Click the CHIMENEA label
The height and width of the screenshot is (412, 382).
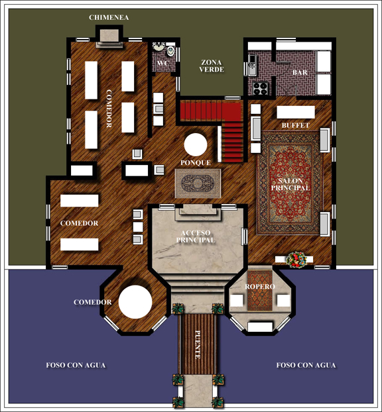tap(109, 18)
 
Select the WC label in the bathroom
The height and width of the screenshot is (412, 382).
tap(162, 64)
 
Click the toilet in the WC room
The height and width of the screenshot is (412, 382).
tap(170, 51)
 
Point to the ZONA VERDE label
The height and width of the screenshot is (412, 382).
tap(212, 66)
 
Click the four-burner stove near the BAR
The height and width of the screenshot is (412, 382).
tap(260, 88)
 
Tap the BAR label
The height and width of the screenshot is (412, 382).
tap(300, 72)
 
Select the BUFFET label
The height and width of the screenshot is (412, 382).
tap(295, 125)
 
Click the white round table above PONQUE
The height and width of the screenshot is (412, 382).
tap(196, 144)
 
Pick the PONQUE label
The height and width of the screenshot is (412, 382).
tap(196, 163)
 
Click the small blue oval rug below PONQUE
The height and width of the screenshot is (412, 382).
tap(198, 183)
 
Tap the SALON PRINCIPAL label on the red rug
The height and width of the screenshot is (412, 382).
tap(290, 184)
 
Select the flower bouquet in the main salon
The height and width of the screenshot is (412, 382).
tap(296, 260)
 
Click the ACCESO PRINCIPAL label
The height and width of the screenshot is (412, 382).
tap(196, 236)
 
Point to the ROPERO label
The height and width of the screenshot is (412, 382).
tap(260, 286)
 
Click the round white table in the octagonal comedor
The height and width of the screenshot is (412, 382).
tap(135, 302)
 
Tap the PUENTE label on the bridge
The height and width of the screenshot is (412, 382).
tap(198, 344)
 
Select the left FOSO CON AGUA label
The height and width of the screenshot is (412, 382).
tap(76, 365)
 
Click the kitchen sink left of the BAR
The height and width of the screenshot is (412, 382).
tap(252, 65)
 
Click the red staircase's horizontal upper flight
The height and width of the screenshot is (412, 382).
tap(210, 111)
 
